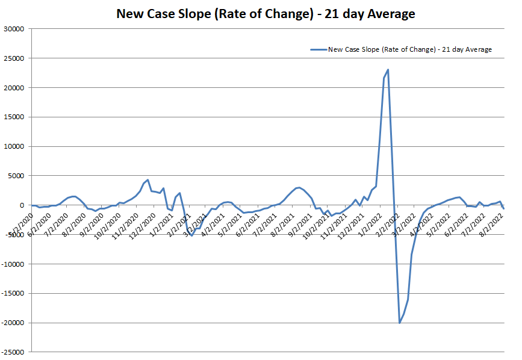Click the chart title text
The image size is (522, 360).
266,13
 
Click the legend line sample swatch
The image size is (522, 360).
318,49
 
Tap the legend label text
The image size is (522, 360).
409,49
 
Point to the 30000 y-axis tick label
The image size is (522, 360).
13,29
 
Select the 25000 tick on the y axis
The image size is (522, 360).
13,58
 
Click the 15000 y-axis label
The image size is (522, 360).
13,117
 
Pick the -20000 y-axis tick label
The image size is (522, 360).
12,323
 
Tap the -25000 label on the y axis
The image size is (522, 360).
12,352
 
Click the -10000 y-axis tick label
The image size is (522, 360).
12,264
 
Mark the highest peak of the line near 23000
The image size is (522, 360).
388,70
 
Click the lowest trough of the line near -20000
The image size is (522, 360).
399,323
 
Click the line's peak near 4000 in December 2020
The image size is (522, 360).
148,179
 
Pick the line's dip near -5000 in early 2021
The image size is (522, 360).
192,235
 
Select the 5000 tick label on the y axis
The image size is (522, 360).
15,176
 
